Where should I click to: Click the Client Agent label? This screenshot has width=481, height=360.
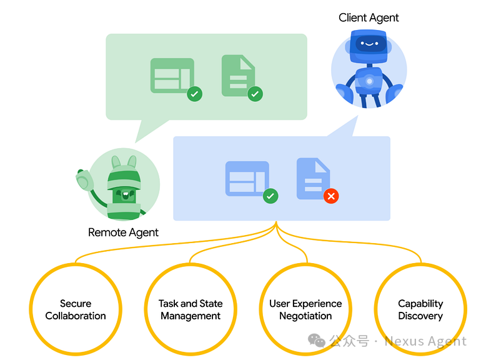369,17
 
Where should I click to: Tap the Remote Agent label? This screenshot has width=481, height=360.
123,232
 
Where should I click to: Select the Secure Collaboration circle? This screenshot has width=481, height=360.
76,309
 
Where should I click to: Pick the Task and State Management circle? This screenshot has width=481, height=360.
191,309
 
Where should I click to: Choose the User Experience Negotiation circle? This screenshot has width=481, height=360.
305,309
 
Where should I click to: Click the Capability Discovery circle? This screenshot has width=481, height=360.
420,309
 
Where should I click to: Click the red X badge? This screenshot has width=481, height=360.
331,196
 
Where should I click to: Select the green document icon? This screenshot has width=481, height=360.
237,76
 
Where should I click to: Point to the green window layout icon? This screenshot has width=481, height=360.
171,76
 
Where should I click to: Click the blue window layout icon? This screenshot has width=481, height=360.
246,179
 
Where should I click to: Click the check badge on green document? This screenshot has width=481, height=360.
255,94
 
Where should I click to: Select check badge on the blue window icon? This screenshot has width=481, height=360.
270,196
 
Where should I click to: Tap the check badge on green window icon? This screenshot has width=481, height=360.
195,94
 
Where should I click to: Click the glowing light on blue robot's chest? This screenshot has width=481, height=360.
369,81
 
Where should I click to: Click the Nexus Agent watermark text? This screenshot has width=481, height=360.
425,341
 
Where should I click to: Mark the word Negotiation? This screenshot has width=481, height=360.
305,316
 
